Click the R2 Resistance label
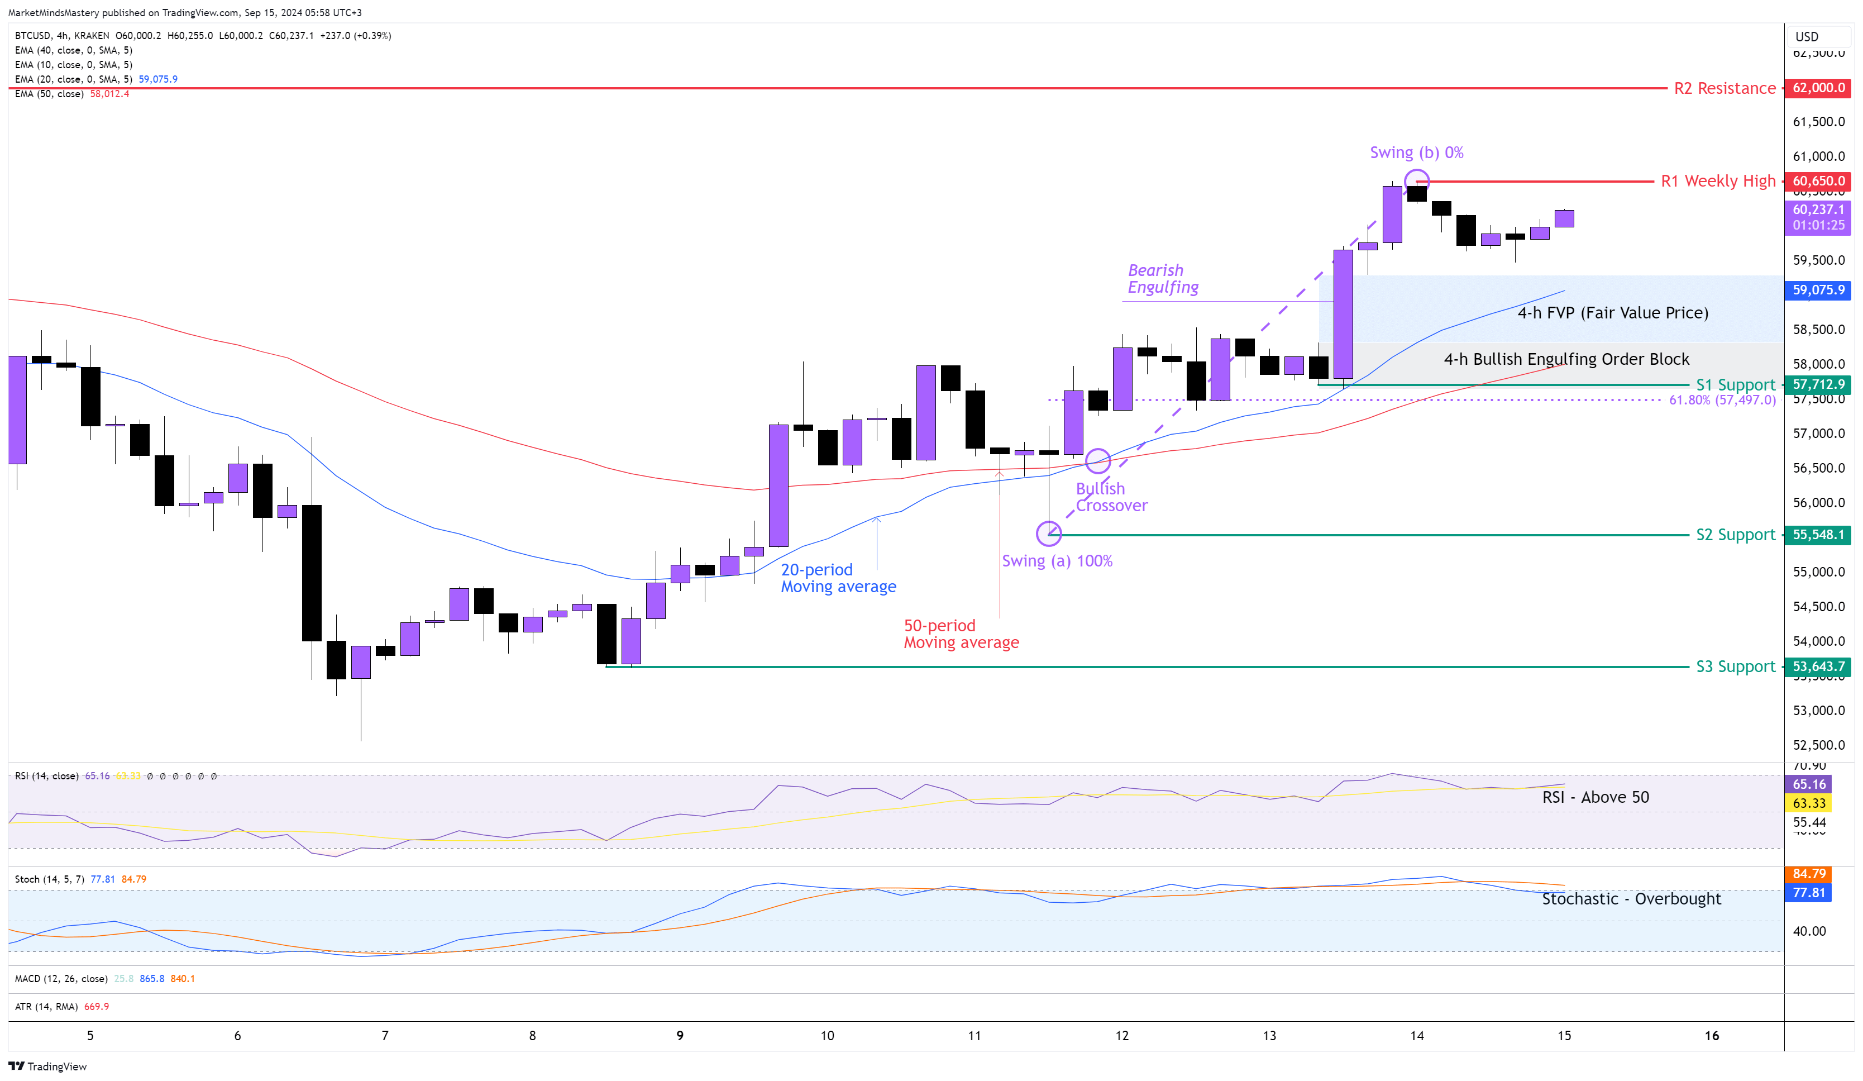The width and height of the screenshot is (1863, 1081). click(x=1724, y=89)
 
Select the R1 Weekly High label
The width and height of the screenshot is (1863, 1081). click(x=1717, y=181)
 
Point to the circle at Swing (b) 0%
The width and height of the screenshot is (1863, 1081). click(x=1416, y=180)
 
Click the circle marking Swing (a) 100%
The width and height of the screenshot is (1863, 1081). click(x=1048, y=533)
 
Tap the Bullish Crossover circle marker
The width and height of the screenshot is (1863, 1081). click(x=1098, y=461)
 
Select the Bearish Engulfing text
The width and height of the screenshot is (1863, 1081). click(x=1162, y=279)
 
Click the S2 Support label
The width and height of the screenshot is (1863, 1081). click(x=1735, y=535)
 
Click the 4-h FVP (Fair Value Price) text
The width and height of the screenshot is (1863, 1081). click(x=1612, y=313)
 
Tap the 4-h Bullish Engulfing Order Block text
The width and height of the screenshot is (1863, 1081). click(x=1566, y=359)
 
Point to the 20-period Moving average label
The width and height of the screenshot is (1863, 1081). click(x=838, y=578)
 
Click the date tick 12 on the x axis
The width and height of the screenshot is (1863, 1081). click(x=1121, y=1036)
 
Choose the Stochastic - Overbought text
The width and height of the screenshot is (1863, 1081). click(x=1631, y=899)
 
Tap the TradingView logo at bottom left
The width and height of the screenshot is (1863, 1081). click(x=48, y=1066)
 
